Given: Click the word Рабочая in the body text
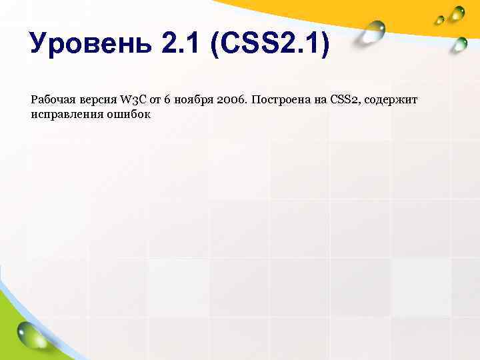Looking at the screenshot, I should [x=51, y=100].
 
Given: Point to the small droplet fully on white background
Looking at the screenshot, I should [x=460, y=44].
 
